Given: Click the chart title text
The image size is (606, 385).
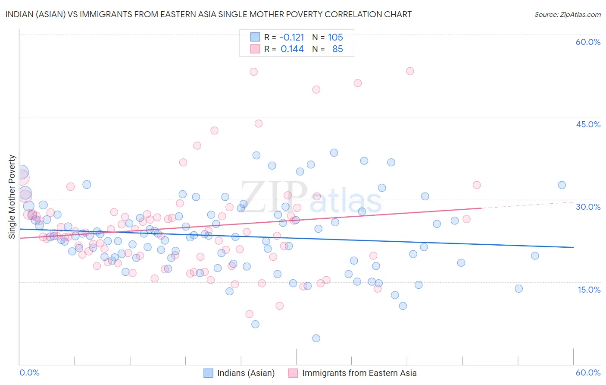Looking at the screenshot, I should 209,14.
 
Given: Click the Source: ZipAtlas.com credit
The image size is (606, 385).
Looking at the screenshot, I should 567,14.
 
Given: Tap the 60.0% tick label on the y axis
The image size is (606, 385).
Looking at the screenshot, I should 588,42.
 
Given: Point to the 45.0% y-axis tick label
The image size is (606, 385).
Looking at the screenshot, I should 588,124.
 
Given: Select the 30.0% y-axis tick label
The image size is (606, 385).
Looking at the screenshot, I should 588,207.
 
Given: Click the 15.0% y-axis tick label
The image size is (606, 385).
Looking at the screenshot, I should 589,290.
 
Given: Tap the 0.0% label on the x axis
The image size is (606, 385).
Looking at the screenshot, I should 30,372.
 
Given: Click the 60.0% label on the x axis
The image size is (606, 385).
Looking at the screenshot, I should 588,372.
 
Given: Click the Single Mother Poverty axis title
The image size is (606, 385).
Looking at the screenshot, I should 12,197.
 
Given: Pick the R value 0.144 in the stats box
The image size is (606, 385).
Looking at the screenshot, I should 292,49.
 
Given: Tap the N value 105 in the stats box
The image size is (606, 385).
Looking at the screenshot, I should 335,38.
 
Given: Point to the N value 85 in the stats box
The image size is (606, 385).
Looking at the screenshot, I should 337,49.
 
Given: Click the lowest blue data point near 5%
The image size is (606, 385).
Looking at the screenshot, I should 316,338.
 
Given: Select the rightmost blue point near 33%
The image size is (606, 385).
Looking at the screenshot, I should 562,185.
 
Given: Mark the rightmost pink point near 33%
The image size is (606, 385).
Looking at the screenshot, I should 476,185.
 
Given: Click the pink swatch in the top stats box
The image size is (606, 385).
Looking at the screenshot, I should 255,49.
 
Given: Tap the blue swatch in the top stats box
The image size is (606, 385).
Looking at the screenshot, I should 255,37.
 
